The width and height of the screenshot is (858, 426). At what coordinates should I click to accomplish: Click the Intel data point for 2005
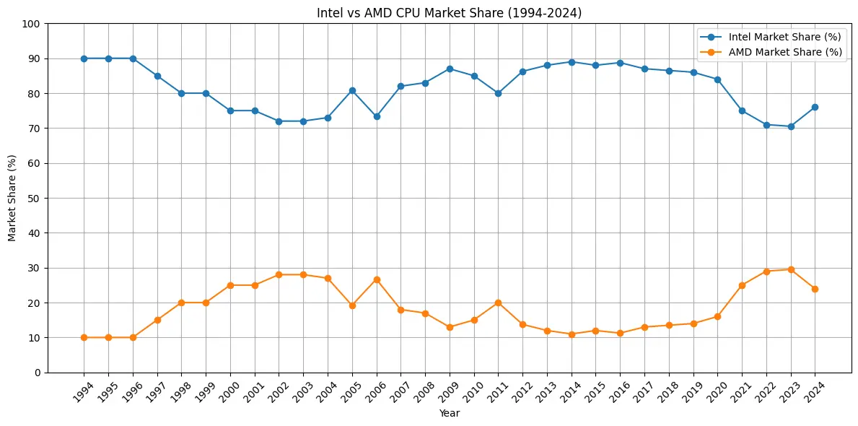pyautogui.click(x=352, y=90)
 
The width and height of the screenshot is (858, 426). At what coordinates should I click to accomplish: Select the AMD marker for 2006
pyautogui.click(x=377, y=279)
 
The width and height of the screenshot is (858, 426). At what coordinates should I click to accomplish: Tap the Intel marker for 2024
pyautogui.click(x=815, y=107)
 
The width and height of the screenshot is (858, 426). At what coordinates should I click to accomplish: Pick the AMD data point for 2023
pyautogui.click(x=791, y=269)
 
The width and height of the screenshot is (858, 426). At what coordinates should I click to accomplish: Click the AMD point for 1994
pyautogui.click(x=84, y=337)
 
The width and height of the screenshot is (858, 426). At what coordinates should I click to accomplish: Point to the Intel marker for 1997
pyautogui.click(x=157, y=76)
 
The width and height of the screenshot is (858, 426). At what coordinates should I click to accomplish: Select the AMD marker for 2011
pyautogui.click(x=498, y=303)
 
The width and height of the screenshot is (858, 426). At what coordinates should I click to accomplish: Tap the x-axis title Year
pyautogui.click(x=449, y=414)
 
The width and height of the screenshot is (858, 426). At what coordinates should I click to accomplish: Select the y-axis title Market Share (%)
pyautogui.click(x=12, y=198)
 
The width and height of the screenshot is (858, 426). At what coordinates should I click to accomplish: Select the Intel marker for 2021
pyautogui.click(x=742, y=110)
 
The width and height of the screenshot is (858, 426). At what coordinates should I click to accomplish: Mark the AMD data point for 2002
pyautogui.click(x=279, y=274)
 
